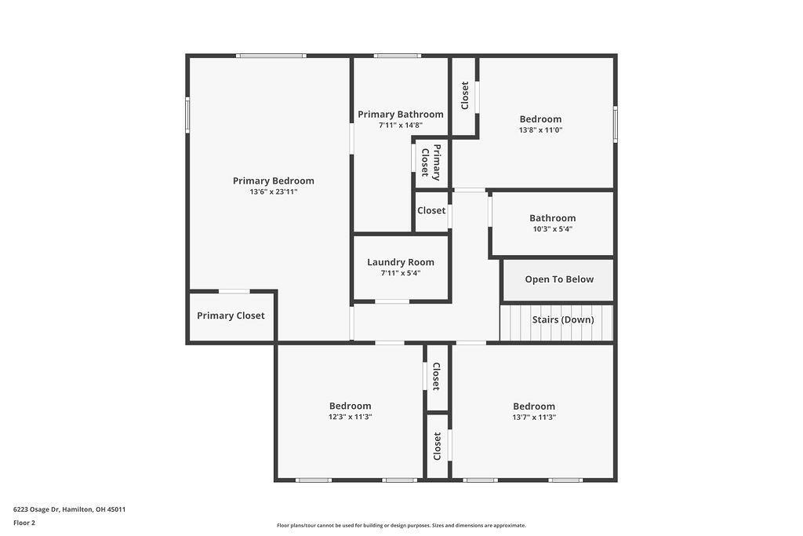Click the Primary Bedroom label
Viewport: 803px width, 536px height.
[273, 180]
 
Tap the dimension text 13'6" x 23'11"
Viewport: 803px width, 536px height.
[273, 192]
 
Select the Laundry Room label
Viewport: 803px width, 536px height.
[400, 262]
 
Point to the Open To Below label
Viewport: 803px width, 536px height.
[559, 279]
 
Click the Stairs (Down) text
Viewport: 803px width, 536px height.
[562, 320]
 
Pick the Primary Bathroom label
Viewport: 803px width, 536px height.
[400, 114]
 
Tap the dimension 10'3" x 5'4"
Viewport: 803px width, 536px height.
[552, 229]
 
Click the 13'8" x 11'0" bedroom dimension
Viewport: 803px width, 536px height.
[540, 130]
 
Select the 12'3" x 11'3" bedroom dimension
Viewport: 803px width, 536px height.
[350, 417]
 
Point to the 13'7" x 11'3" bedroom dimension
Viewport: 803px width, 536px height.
[534, 417]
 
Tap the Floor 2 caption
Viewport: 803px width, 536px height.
[24, 523]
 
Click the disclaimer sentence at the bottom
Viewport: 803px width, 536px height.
[401, 526]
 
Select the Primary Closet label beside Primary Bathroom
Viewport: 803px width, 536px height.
[431, 162]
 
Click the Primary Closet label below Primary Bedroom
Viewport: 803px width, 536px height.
[231, 315]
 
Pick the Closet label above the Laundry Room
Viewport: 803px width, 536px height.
[431, 210]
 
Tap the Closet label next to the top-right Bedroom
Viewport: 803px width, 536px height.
[464, 96]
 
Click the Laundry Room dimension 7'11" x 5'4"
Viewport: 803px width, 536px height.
[400, 273]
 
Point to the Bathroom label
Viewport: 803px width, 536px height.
[552, 218]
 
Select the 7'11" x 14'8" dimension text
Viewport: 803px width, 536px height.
[400, 125]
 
